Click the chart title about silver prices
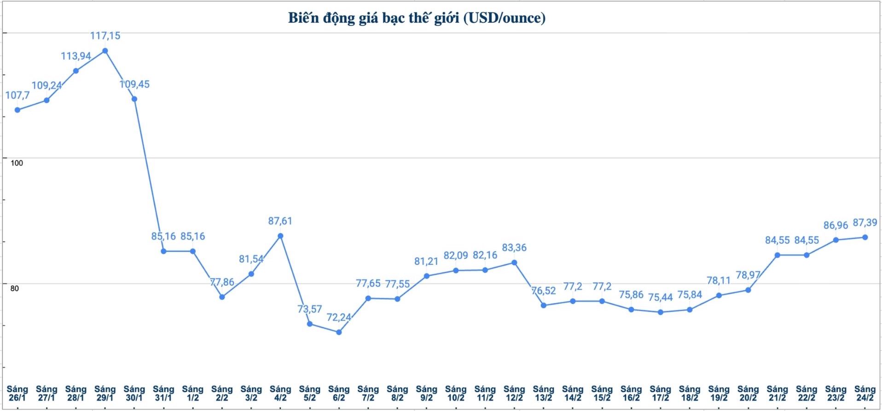point(417,18)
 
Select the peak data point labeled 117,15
point(105,51)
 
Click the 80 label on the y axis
point(15,288)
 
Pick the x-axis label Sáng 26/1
point(17,393)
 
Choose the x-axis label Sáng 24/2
point(865,393)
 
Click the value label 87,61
point(280,221)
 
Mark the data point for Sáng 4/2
point(280,236)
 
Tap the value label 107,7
point(17,95)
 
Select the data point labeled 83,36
point(514,263)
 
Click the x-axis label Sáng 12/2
point(514,393)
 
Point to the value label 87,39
point(865,223)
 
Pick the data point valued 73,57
point(310,324)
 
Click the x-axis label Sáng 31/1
point(163,393)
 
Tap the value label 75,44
point(660,298)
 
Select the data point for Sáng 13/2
point(544,305)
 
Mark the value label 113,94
point(76,56)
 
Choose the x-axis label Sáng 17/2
point(660,393)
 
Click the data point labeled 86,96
point(836,240)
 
